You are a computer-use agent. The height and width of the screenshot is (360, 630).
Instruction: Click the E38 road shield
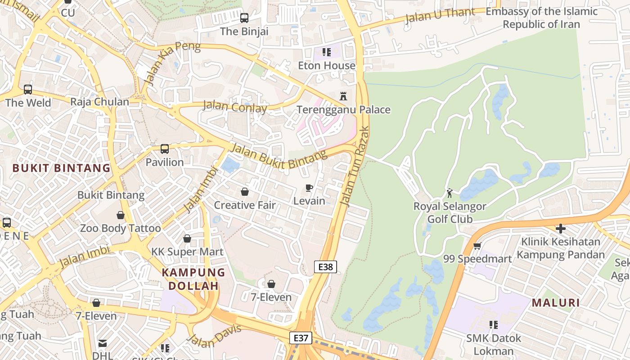[325, 267]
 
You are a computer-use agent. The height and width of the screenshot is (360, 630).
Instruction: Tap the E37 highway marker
[300, 338]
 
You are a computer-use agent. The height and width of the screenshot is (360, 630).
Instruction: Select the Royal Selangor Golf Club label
[450, 213]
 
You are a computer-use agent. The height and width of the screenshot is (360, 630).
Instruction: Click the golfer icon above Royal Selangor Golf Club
[449, 193]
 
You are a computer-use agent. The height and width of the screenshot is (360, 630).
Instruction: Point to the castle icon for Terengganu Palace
[343, 96]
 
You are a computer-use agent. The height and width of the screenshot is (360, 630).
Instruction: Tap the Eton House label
[326, 66]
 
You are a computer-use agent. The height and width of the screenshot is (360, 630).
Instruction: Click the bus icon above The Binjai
[244, 18]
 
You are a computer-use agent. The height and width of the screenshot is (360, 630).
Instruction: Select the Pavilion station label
[165, 162]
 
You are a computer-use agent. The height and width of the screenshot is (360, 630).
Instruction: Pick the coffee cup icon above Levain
[309, 188]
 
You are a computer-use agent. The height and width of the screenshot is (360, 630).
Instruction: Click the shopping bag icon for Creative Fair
[245, 192]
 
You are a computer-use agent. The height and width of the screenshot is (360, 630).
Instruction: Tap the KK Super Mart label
[187, 252]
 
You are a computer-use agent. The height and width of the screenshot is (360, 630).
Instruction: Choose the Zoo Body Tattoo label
[120, 228]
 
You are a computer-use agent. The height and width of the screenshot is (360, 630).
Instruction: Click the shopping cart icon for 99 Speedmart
[477, 246]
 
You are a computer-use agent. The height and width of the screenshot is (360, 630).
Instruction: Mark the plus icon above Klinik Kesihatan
[560, 229]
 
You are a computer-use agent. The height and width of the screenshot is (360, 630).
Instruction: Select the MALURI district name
[556, 303]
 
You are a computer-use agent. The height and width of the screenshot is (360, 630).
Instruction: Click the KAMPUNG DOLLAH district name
[193, 279]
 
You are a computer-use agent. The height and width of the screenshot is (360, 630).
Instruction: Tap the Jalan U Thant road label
[440, 16]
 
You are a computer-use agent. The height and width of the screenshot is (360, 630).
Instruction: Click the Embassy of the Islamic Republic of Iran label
[541, 18]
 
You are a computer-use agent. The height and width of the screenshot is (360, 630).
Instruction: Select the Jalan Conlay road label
[234, 107]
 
